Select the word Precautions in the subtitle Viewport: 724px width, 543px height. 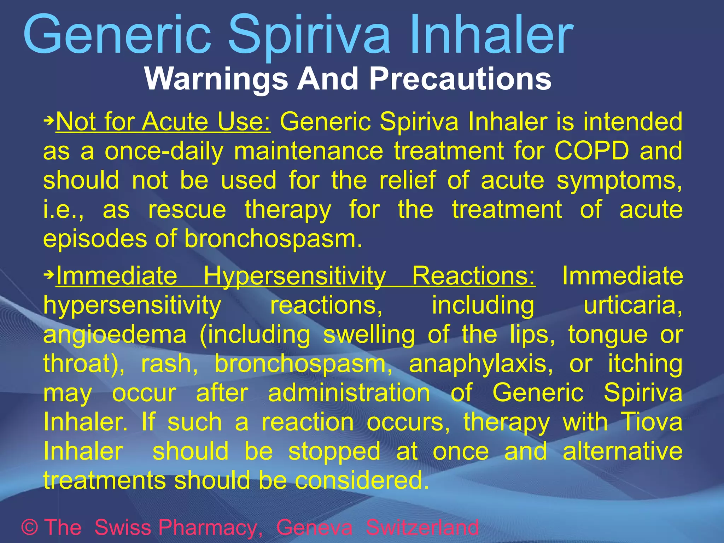pos(460,79)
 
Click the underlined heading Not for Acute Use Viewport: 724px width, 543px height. pos(163,122)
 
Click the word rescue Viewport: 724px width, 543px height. pos(187,210)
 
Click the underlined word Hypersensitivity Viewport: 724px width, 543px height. pos(294,276)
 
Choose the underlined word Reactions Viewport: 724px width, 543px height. pos(474,276)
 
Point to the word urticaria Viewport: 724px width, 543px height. pos(633,305)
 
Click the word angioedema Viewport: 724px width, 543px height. pos(115,335)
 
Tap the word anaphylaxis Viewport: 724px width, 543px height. pos(481,364)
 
